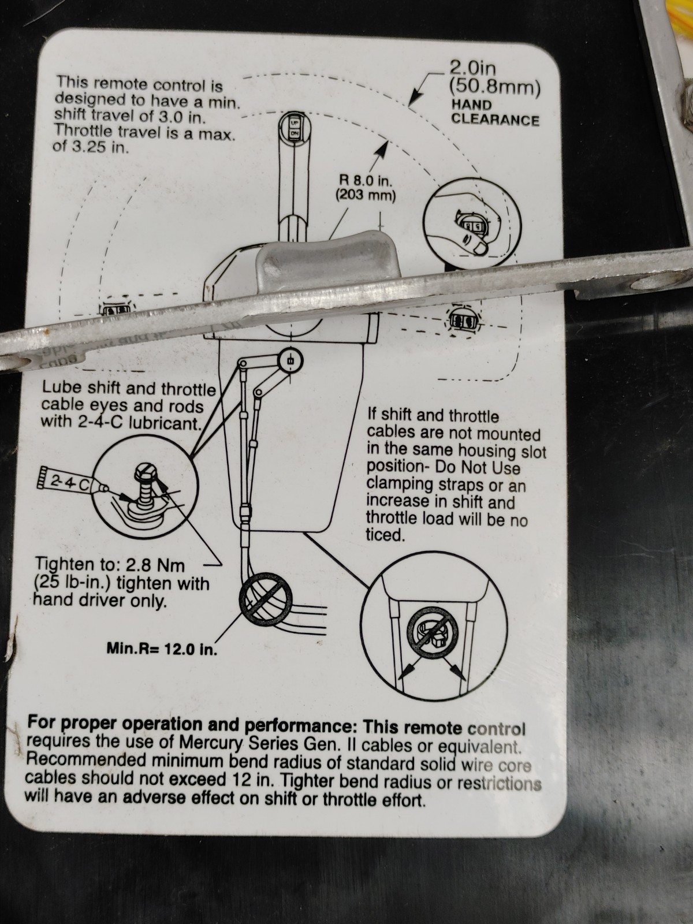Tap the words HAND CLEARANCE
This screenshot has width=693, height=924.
tap(495, 112)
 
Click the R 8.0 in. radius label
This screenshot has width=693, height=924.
tap(366, 187)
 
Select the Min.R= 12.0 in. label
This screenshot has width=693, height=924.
tap(162, 649)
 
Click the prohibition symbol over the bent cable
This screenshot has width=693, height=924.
tap(265, 598)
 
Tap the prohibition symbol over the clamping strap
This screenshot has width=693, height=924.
tap(433, 631)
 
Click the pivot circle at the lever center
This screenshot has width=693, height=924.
tap(290, 360)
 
